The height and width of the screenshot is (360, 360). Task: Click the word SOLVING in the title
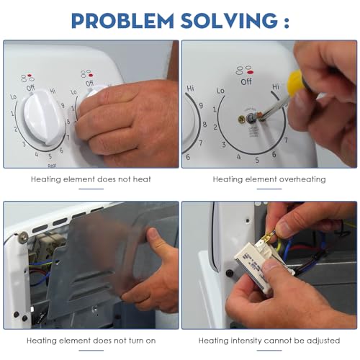coord(229,21)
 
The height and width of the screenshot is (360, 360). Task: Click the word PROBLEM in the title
coord(122,21)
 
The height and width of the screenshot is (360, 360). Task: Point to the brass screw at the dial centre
coord(240,120)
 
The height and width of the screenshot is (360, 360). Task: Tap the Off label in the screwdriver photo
coord(246,82)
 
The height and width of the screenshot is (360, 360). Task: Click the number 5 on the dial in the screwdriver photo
coord(257,160)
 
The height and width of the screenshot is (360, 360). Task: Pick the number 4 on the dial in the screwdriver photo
coord(238,157)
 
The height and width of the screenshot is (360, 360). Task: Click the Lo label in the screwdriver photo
coord(220,91)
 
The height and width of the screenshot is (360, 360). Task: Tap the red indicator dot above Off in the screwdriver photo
coord(250,72)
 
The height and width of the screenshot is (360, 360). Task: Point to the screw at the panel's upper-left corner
coord(23,237)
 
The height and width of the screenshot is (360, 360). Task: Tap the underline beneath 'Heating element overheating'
coord(269,189)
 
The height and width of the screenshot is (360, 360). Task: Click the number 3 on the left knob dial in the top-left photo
coord(24,144)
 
